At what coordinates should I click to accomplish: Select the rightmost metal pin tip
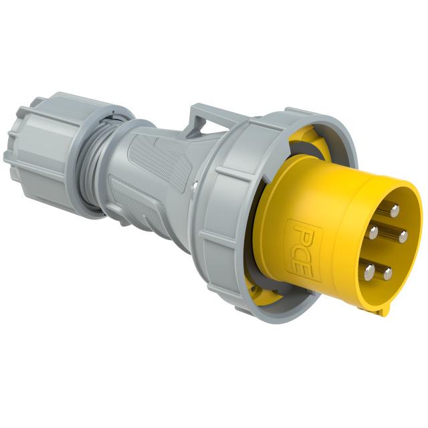[x=403, y=235]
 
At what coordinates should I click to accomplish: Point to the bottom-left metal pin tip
[x=368, y=270]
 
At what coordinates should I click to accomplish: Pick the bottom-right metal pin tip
[x=388, y=273]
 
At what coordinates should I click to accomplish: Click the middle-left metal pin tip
[x=373, y=232]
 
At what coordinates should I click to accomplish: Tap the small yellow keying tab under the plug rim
[x=380, y=309]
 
